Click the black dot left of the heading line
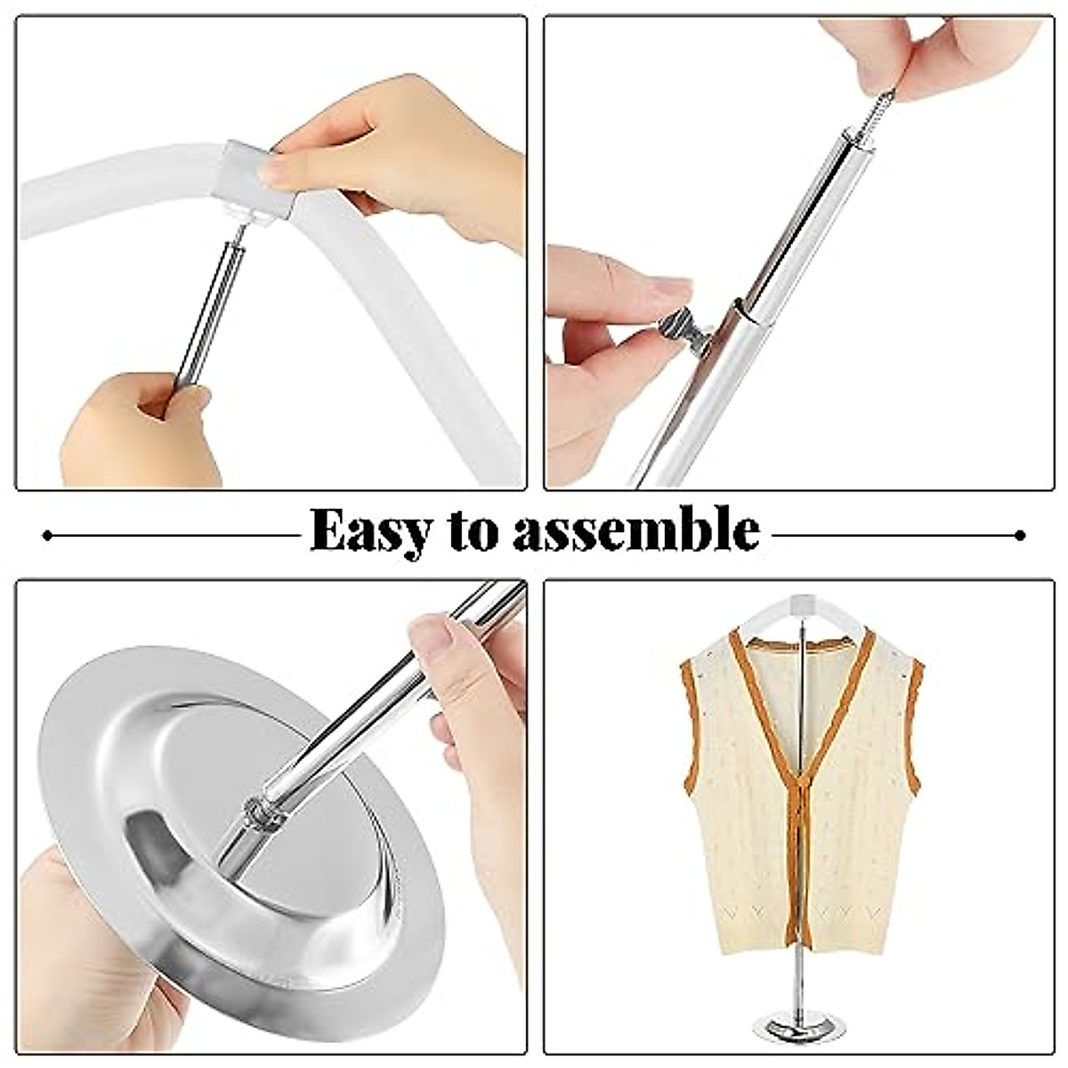[47, 535]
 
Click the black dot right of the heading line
[1021, 535]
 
